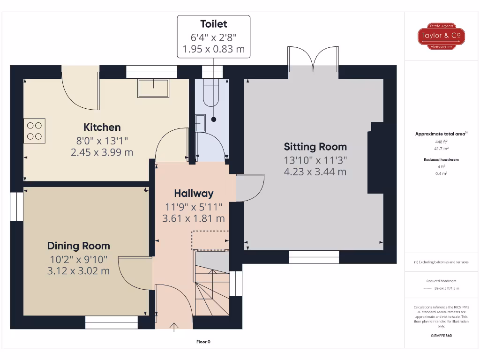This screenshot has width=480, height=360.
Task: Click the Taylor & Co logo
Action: point(441,36)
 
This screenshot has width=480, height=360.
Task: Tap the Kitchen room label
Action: point(102,127)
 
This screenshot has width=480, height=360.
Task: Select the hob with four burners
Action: point(34,130)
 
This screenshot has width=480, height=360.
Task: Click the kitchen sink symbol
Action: point(153,88)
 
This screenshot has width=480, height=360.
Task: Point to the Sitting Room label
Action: point(315,147)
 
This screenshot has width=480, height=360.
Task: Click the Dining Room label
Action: point(79,246)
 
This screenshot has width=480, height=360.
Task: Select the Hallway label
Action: point(194,193)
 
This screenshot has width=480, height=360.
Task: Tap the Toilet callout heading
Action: point(213,24)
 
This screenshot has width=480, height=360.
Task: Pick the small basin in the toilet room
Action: point(201,123)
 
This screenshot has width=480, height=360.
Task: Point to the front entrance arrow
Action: point(174,327)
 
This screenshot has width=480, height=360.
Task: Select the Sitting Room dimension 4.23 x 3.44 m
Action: point(315,172)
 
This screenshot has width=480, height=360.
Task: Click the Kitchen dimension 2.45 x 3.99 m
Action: point(102,152)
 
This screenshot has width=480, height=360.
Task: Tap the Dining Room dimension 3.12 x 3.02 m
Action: point(79,270)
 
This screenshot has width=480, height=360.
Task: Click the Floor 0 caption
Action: point(203,342)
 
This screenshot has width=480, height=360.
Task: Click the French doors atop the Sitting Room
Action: point(313,60)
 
